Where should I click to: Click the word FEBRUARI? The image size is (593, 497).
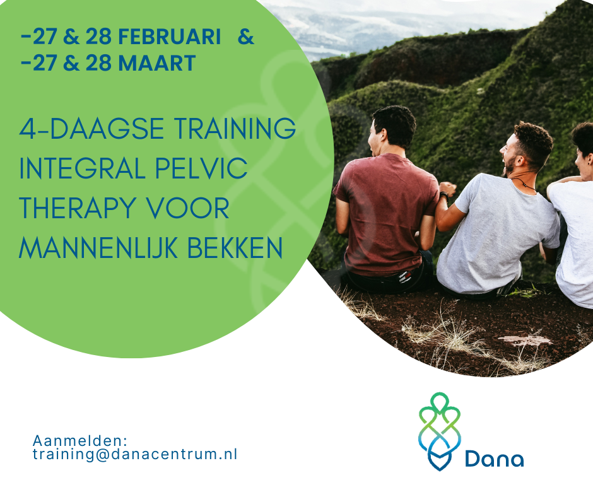(x=170, y=37)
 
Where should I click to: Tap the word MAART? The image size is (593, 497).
(x=157, y=63)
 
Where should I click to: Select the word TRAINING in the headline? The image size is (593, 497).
(x=235, y=129)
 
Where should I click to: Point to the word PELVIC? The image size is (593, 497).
(x=201, y=168)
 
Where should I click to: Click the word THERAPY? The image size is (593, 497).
(x=78, y=208)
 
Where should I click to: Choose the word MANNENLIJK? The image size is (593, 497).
(x=98, y=248)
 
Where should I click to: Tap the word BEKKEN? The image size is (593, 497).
(x=235, y=248)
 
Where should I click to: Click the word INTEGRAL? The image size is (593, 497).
(x=83, y=168)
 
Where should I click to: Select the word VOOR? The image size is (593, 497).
(x=187, y=208)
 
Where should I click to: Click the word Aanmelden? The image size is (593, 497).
(x=79, y=441)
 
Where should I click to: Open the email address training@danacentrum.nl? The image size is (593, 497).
(x=135, y=454)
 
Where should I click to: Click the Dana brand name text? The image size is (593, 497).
(x=494, y=459)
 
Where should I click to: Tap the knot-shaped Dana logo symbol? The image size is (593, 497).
(x=440, y=431)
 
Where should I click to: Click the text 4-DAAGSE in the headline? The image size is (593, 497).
(x=91, y=129)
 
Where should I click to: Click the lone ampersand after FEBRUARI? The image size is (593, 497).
(x=246, y=37)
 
